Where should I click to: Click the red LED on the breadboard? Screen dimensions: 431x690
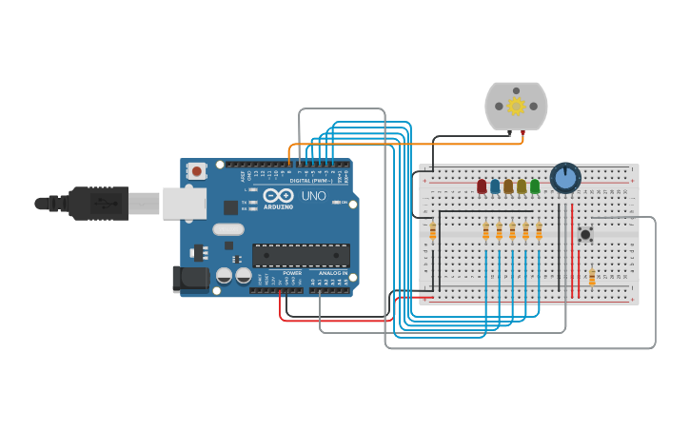tap(482, 186)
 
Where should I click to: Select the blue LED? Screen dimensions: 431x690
tap(495, 186)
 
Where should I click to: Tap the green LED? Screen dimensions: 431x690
tap(535, 186)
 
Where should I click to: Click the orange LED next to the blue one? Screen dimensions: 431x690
tap(508, 186)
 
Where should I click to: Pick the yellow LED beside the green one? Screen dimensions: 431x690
tap(522, 186)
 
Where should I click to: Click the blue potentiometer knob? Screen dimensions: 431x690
tap(565, 178)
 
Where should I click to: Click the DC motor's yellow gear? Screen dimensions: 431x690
tap(516, 106)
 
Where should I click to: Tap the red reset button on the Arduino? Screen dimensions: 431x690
tap(197, 171)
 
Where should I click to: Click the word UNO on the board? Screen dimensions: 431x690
tap(313, 196)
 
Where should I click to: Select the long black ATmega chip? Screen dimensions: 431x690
tap(300, 255)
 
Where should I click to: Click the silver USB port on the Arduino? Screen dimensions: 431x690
tap(184, 203)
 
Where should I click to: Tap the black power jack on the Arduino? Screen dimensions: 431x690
tap(189, 278)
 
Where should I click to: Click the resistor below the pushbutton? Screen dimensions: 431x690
tap(592, 277)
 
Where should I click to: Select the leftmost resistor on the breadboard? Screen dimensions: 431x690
tap(433, 231)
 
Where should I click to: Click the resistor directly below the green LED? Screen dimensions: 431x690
tap(539, 231)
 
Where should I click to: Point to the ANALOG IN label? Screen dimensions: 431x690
tap(332, 273)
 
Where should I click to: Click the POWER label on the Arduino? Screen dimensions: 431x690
tap(292, 273)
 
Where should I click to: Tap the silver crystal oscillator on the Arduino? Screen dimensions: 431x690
tap(228, 228)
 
